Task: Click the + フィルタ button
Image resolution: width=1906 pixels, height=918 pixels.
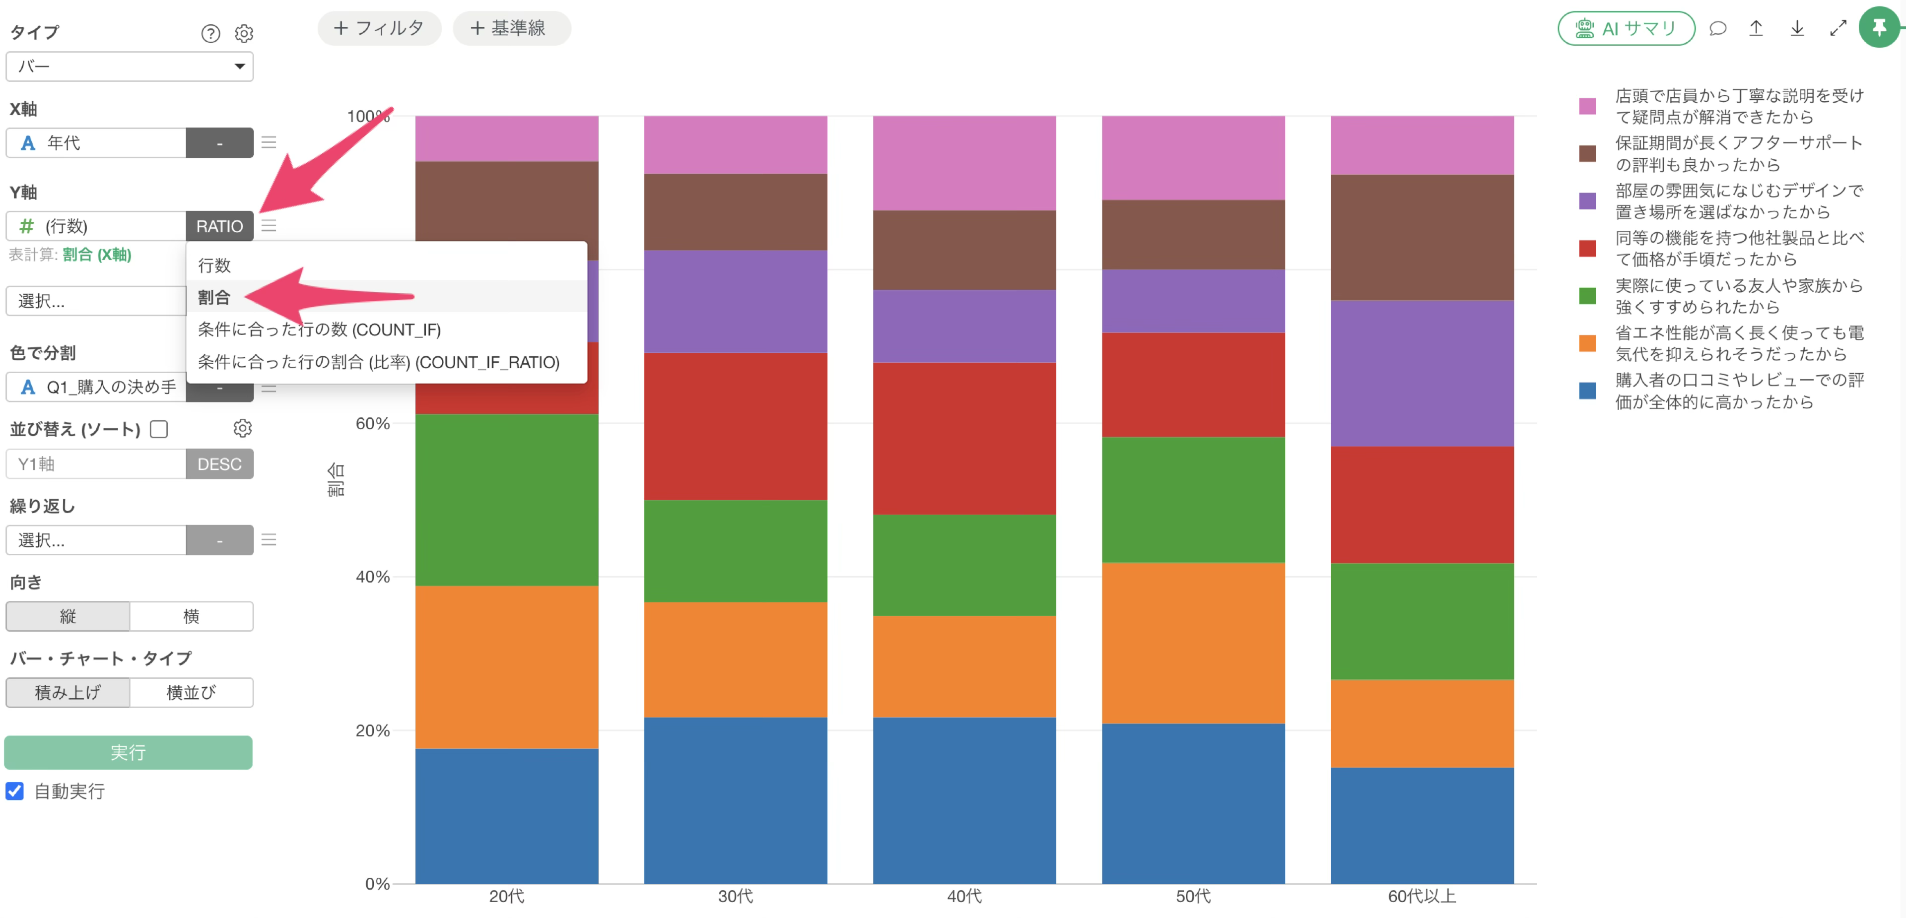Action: pos(379,28)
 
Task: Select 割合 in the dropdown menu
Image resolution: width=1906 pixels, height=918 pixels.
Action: pos(214,297)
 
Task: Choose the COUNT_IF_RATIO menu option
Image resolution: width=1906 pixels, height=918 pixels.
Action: pos(378,362)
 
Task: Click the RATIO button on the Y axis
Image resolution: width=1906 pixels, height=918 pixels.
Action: pos(219,226)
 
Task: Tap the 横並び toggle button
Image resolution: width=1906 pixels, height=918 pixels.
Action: pos(191,692)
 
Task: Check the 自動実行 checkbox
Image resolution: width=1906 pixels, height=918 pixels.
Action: pos(15,791)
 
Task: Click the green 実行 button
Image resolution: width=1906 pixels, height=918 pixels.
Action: pos(128,752)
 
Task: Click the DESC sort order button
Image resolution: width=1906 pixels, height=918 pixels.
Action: pos(219,464)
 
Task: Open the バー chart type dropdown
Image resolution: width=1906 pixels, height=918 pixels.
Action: pos(130,66)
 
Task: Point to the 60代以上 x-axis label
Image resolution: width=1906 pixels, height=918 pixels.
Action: pos(1422,896)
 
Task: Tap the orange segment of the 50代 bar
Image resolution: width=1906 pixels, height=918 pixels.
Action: pos(1193,643)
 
